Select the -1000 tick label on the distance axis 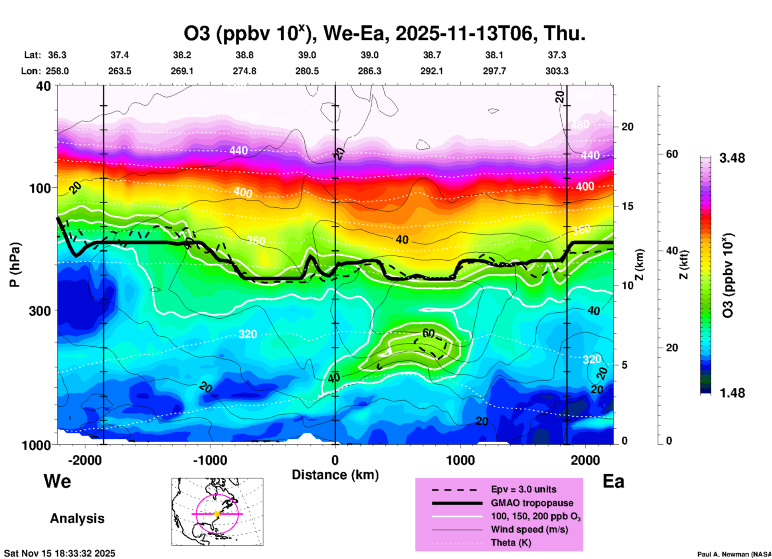[x=210, y=460]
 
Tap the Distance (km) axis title [x=335, y=475]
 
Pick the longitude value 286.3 [x=369, y=71]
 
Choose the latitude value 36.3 [x=57, y=55]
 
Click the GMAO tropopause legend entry [x=532, y=503]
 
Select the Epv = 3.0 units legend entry [x=523, y=489]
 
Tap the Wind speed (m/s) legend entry [x=529, y=529]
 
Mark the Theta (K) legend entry [x=511, y=543]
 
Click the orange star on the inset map [x=217, y=514]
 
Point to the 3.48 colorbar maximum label [x=732, y=158]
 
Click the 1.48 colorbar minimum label [x=732, y=393]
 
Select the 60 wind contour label [x=428, y=333]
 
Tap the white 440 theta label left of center [x=238, y=151]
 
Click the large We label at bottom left [x=57, y=481]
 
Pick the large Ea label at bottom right [x=613, y=481]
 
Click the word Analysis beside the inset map [x=77, y=518]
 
